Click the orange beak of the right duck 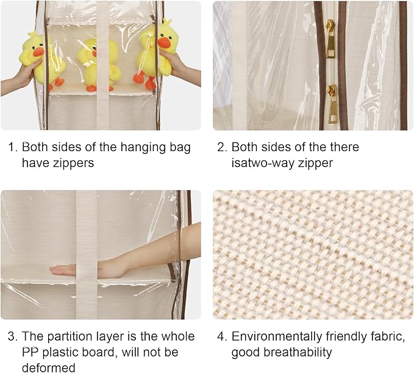(x=163, y=43)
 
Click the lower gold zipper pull (x=333, y=104)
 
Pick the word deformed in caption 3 (x=48, y=368)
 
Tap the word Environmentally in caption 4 (x=271, y=336)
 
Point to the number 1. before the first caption (x=12, y=147)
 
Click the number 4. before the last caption (x=221, y=336)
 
